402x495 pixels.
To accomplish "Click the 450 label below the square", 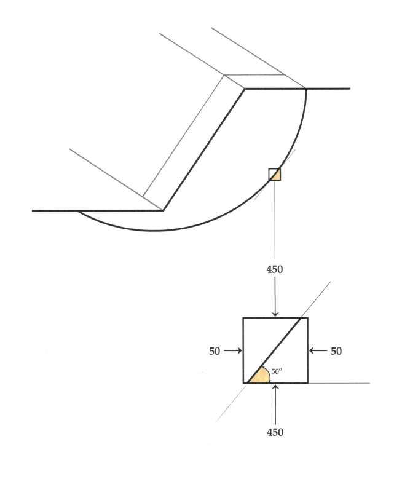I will (x=275, y=432).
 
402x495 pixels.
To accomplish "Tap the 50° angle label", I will (x=275, y=371).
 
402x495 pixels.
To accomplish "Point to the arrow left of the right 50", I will (x=318, y=351).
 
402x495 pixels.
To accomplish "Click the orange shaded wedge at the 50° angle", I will (x=257, y=377).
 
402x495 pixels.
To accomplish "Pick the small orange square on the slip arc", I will (x=275, y=175).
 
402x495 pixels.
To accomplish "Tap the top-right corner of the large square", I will (x=307, y=318).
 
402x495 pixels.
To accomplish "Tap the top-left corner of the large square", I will (x=243, y=318).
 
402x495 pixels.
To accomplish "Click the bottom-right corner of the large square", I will (x=307, y=383).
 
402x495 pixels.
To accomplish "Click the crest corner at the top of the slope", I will (x=245, y=89).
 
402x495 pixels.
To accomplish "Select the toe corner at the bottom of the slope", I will (x=164, y=211).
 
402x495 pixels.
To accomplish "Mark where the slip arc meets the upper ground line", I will (x=306, y=89).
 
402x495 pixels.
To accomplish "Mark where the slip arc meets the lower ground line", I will (x=78, y=211).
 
